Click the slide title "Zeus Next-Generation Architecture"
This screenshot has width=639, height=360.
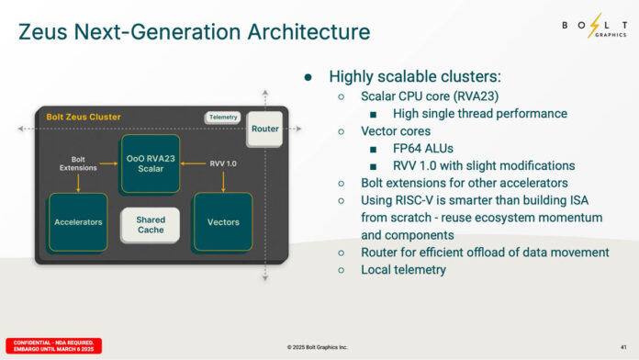pos(194,33)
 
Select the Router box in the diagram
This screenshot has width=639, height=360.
pos(264,129)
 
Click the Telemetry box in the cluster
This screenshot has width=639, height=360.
pos(222,118)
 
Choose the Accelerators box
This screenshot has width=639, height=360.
pos(78,222)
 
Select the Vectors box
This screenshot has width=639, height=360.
pos(223,222)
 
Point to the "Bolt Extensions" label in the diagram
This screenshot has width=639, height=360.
pos(78,163)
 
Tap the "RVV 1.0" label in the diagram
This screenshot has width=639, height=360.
pos(223,163)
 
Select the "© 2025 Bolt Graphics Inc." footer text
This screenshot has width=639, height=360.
pos(319,346)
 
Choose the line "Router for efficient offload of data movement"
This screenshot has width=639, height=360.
pos(485,253)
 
